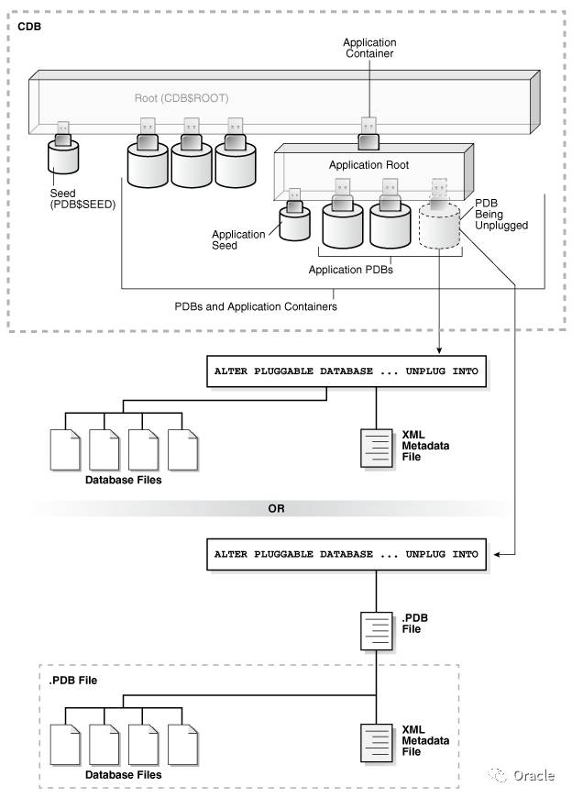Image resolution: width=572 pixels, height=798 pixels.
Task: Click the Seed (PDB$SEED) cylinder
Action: tap(63, 166)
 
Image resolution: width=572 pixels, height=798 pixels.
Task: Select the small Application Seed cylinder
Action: tap(294, 223)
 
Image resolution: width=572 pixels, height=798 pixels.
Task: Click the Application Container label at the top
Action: tap(369, 48)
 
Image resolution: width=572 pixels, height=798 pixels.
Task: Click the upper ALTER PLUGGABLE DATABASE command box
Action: tap(346, 371)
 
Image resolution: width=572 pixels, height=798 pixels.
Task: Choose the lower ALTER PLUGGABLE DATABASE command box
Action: tap(346, 554)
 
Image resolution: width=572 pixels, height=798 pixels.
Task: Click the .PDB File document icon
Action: tap(377, 629)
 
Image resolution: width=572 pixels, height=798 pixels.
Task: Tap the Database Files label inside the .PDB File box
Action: tap(124, 775)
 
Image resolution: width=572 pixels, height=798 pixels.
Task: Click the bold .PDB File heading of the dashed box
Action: tap(72, 681)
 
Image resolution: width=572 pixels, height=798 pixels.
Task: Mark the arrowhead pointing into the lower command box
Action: tap(496, 554)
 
